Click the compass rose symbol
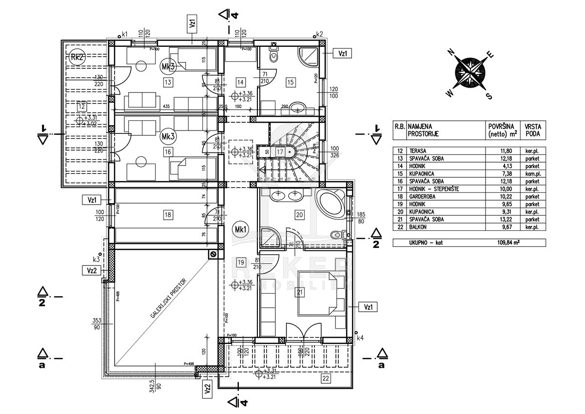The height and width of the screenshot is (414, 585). pos(469,72)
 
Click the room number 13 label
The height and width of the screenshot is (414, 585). pos(168,82)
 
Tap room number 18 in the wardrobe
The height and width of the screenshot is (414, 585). pos(168,214)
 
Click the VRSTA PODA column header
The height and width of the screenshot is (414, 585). pos(533,130)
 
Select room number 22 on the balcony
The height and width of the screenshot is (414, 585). pos(325,377)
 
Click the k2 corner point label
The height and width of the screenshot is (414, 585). pos(320,34)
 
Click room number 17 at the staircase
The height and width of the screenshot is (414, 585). pos(280,151)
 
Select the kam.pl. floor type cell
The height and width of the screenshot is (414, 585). pos(532,174)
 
